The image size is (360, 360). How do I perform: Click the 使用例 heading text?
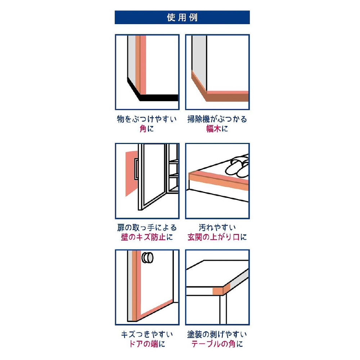[182, 17]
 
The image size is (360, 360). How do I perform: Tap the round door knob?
[147, 258]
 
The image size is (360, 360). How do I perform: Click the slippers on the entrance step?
[237, 166]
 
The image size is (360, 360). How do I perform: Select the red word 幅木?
[213, 129]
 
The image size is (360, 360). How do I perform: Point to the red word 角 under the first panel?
[143, 129]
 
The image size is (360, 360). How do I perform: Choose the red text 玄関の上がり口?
[213, 237]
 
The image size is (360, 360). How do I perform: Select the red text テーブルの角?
[213, 344]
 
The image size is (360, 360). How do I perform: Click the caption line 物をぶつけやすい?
[147, 119]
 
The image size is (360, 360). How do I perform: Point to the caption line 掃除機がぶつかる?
[217, 119]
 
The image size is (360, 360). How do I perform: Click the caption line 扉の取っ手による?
[147, 228]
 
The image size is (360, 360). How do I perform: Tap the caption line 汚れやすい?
[217, 228]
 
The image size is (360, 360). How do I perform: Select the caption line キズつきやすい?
[147, 334]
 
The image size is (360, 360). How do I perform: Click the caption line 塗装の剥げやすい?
[217, 334]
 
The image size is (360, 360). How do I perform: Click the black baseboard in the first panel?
[158, 98]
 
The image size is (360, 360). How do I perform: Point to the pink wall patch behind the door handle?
[131, 174]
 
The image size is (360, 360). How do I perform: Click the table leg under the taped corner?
[223, 309]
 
